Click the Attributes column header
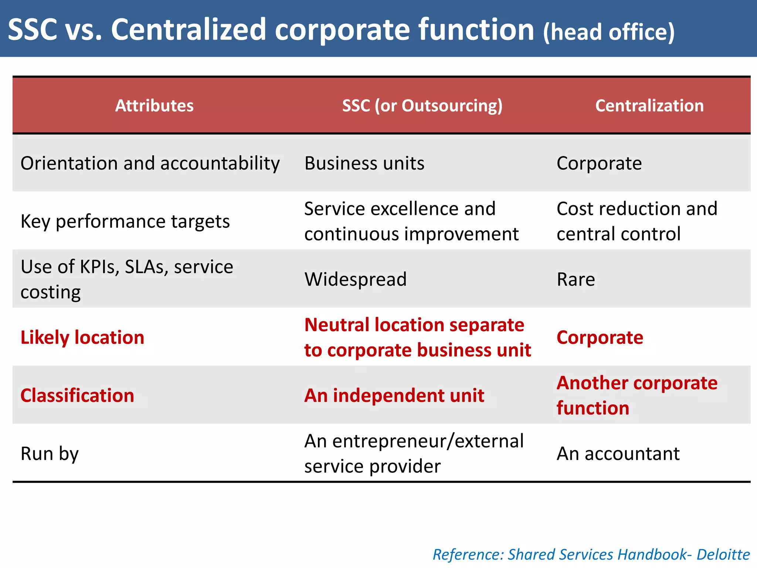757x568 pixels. [x=154, y=106]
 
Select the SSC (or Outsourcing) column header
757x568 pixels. [x=422, y=106]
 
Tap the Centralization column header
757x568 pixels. [x=649, y=106]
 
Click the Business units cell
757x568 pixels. [x=364, y=163]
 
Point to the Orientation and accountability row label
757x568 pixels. [x=150, y=163]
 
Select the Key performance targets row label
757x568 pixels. [x=125, y=221]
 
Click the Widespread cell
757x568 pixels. [x=355, y=279]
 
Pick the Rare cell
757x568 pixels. [x=576, y=279]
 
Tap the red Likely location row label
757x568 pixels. [x=82, y=337]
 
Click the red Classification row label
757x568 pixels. [x=77, y=395]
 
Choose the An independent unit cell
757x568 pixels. [x=394, y=395]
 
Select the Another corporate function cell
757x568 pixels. [x=637, y=395]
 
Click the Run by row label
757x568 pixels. [x=50, y=453]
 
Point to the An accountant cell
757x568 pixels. [x=618, y=453]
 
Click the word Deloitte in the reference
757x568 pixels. [x=723, y=555]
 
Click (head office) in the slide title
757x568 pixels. [x=608, y=32]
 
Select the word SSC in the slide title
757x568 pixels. [x=33, y=30]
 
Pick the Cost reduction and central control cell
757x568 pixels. [x=637, y=221]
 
